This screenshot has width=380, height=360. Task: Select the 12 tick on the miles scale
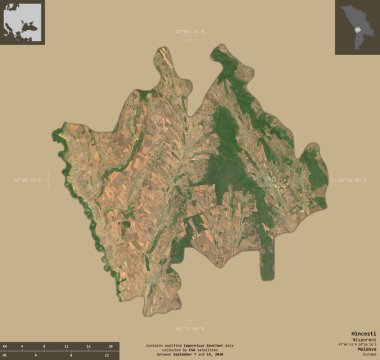105,355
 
